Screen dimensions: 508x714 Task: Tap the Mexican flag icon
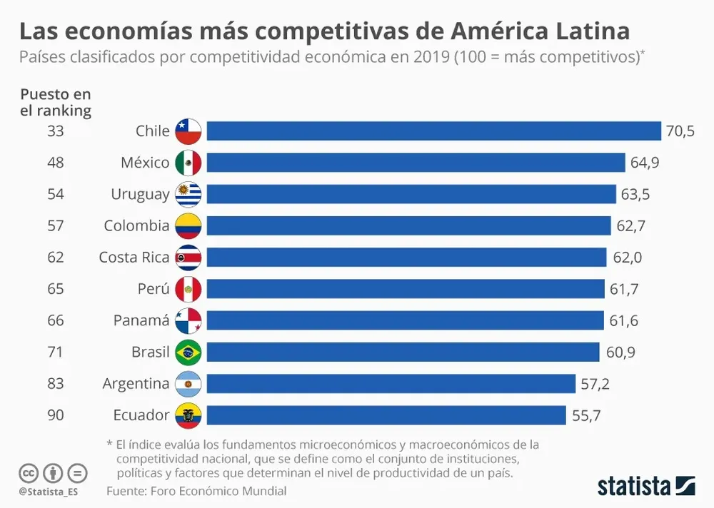point(188,163)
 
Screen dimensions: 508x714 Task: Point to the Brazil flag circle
point(188,352)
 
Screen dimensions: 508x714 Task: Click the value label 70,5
point(680,131)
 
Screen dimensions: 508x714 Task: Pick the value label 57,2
point(595,384)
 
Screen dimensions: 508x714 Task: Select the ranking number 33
point(55,131)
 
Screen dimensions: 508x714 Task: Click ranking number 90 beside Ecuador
point(55,415)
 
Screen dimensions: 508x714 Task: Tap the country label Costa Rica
point(134,258)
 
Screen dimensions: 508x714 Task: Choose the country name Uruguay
point(140,195)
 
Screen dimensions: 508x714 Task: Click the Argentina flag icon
point(188,384)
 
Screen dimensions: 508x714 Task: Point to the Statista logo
point(646,487)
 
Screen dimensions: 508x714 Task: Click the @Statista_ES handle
point(48,492)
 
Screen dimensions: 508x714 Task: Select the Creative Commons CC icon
point(29,473)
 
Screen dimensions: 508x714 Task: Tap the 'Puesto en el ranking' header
point(55,102)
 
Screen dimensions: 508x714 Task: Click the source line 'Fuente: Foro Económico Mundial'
point(196,491)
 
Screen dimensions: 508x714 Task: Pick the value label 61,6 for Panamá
point(623,320)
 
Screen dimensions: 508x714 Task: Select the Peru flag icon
point(188,289)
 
